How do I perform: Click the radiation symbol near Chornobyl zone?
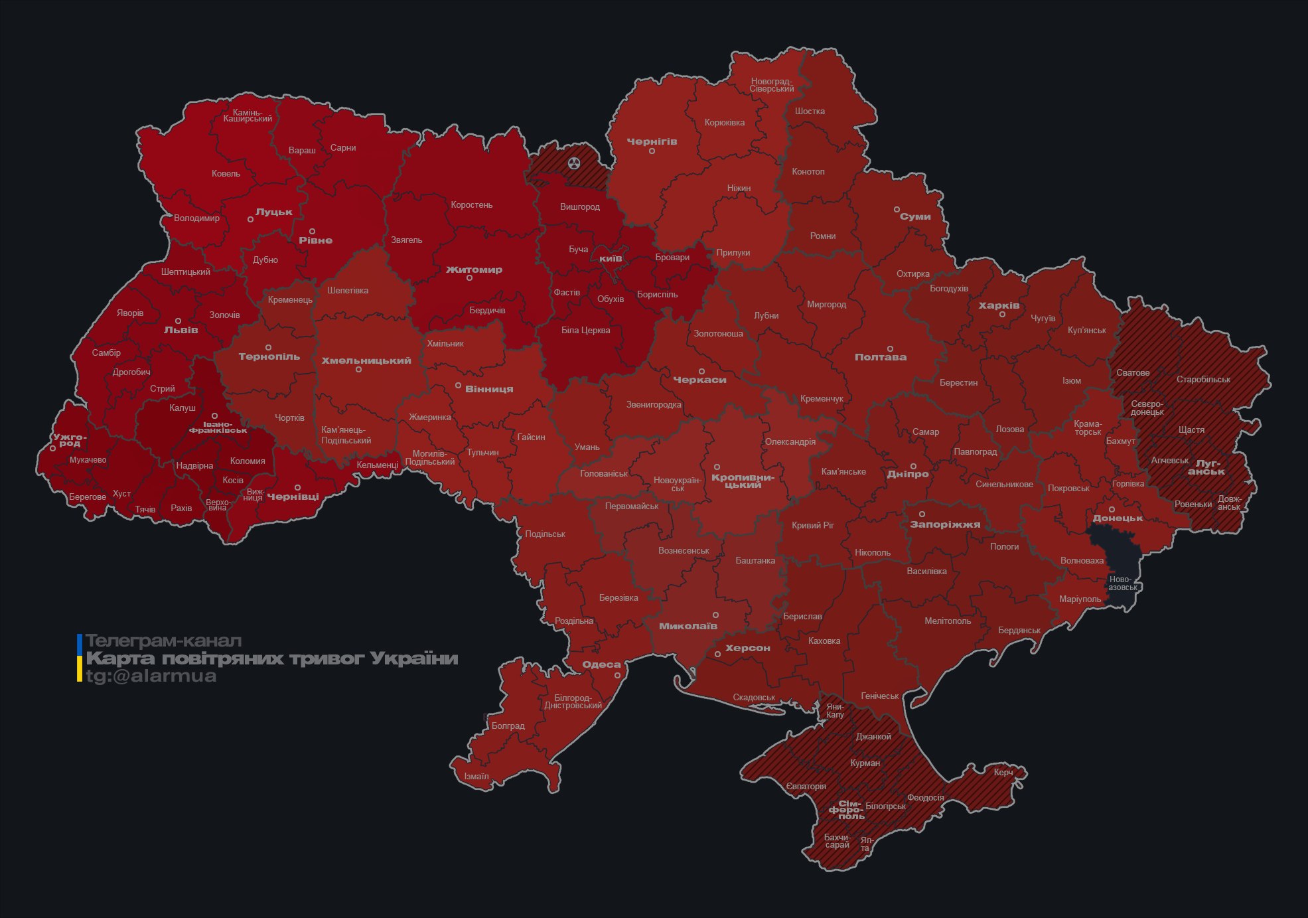(x=574, y=163)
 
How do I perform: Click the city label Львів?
(x=181, y=330)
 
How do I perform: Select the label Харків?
(x=999, y=306)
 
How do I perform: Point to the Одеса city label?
(x=601, y=664)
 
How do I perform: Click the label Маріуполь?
(x=1080, y=599)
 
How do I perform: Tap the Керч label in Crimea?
(x=1003, y=772)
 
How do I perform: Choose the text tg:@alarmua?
(x=151, y=676)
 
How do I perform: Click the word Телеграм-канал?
(x=163, y=641)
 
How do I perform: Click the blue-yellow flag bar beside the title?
(x=80, y=658)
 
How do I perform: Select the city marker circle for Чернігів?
(x=652, y=151)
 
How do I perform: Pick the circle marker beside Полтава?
(x=890, y=348)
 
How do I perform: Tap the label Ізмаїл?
(x=476, y=777)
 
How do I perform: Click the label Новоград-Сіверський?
(x=771, y=85)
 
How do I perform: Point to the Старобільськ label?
(x=1202, y=380)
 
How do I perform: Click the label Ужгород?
(x=70, y=440)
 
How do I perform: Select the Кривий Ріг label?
(x=812, y=525)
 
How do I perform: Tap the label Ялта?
(x=865, y=844)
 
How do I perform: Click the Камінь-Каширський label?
(x=248, y=115)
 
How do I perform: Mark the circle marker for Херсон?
(x=717, y=654)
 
